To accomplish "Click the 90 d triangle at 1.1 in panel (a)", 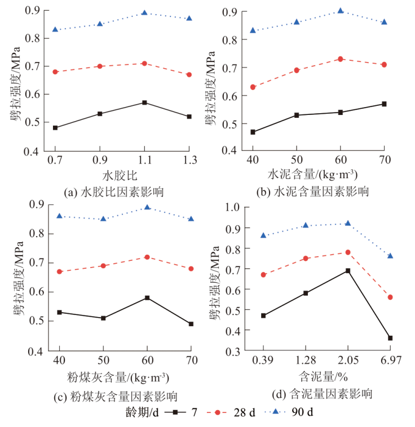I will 145,12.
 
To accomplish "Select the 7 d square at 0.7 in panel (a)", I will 55,128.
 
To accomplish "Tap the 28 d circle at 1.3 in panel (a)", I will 189,74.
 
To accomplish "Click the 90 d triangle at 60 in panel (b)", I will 341,11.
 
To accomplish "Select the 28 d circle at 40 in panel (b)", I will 253,87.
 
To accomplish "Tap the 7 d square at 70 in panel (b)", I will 384,104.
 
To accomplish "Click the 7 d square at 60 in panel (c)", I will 147,297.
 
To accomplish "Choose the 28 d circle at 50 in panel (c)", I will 103,265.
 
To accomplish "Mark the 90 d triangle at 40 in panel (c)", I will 59,216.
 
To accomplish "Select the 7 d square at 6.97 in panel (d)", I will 390,338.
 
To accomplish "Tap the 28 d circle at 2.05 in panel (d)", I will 348,252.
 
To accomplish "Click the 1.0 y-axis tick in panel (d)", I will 233,207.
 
